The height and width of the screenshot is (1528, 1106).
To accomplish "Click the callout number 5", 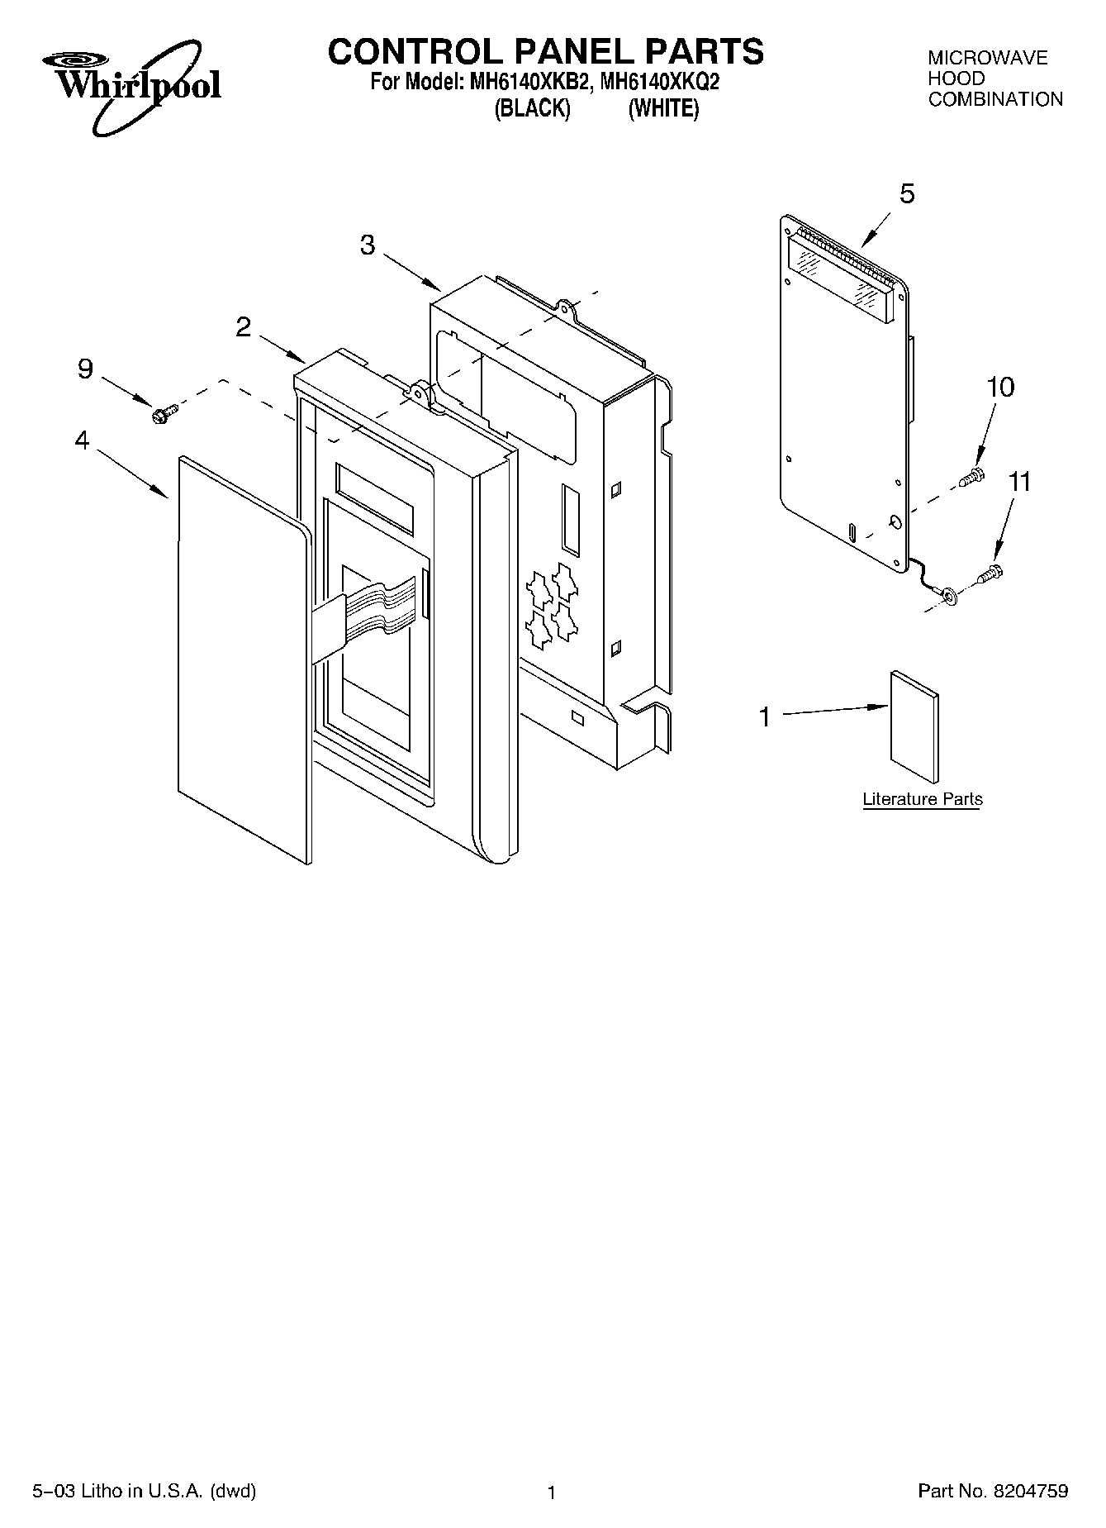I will click(907, 194).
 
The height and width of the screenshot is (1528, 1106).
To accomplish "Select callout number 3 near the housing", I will click(368, 245).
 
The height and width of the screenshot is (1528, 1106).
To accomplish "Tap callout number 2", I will click(243, 327).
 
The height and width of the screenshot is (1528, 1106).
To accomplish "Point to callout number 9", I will click(86, 369).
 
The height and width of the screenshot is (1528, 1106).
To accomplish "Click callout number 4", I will click(82, 441).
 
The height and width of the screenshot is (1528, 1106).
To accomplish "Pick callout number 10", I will click(1000, 387).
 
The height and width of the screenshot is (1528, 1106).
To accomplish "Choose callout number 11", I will click(1020, 481).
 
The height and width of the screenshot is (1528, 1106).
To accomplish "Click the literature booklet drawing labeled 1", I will click(914, 726).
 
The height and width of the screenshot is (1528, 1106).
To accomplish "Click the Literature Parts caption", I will click(923, 799).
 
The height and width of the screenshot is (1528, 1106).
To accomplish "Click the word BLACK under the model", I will click(532, 109).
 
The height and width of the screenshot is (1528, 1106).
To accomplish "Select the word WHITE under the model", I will click(663, 109).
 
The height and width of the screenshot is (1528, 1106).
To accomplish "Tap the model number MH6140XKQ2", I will click(660, 83).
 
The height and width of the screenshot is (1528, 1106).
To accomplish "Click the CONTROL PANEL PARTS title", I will click(546, 51).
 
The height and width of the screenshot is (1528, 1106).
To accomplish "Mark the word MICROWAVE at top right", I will click(987, 58).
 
